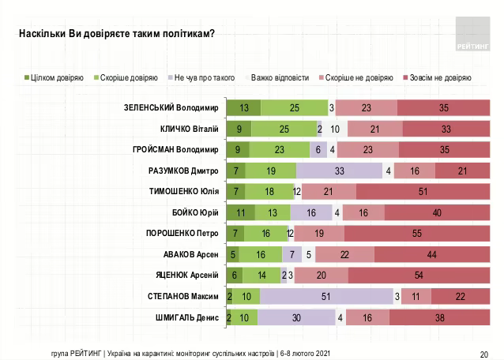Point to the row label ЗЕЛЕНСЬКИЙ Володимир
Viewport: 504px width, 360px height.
170,108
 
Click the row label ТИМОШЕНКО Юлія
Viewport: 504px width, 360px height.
183,192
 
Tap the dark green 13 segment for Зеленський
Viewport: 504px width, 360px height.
243,108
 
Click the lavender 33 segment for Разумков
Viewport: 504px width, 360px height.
339,171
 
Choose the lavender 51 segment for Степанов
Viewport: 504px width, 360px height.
326,296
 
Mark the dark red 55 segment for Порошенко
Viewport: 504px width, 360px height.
416,234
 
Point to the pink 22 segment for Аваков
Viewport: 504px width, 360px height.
345,254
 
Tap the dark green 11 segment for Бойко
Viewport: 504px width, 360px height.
240,212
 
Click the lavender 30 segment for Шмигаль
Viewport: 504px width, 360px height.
297,317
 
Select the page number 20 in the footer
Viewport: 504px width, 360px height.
483,352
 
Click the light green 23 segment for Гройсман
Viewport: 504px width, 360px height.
280,150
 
